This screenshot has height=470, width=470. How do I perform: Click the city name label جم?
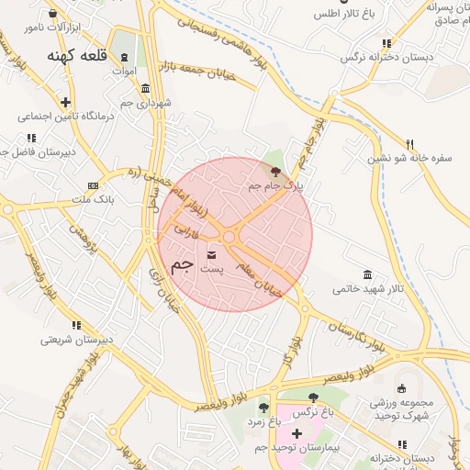click(183, 264)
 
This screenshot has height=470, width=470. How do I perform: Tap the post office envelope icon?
click(213, 253)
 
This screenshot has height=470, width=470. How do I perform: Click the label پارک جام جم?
click(275, 185)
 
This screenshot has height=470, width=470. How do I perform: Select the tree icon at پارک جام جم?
click(275, 171)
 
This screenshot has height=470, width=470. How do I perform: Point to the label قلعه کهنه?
click(82, 56)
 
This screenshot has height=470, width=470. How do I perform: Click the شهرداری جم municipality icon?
click(147, 88)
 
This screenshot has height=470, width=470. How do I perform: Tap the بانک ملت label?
click(93, 199)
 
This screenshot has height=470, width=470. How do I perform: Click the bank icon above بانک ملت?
click(92, 185)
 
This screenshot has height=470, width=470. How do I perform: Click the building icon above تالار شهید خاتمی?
click(368, 275)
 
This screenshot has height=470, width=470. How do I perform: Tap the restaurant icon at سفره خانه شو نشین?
click(409, 143)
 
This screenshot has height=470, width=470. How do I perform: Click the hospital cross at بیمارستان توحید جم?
click(296, 432)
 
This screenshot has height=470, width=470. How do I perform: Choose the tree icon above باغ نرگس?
click(313, 397)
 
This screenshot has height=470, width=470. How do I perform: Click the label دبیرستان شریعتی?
click(76, 339)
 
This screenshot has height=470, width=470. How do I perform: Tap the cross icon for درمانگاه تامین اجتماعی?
click(65, 102)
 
